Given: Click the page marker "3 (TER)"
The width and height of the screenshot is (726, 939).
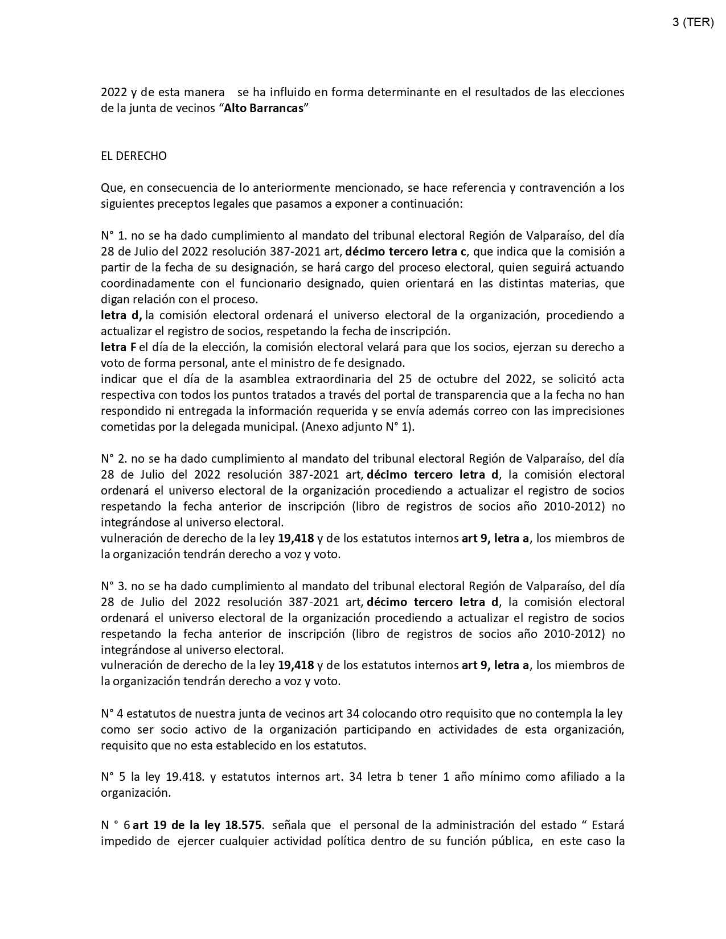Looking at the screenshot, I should [692, 22].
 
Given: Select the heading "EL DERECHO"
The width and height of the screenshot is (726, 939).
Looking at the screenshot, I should [134, 156].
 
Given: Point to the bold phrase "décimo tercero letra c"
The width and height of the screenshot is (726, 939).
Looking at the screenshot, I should [406, 252].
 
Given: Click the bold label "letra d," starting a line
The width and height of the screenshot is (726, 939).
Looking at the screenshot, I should [121, 315].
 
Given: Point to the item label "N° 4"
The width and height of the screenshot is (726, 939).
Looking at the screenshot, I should [112, 714].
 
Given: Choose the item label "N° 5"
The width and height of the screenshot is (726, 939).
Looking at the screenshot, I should [113, 777].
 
